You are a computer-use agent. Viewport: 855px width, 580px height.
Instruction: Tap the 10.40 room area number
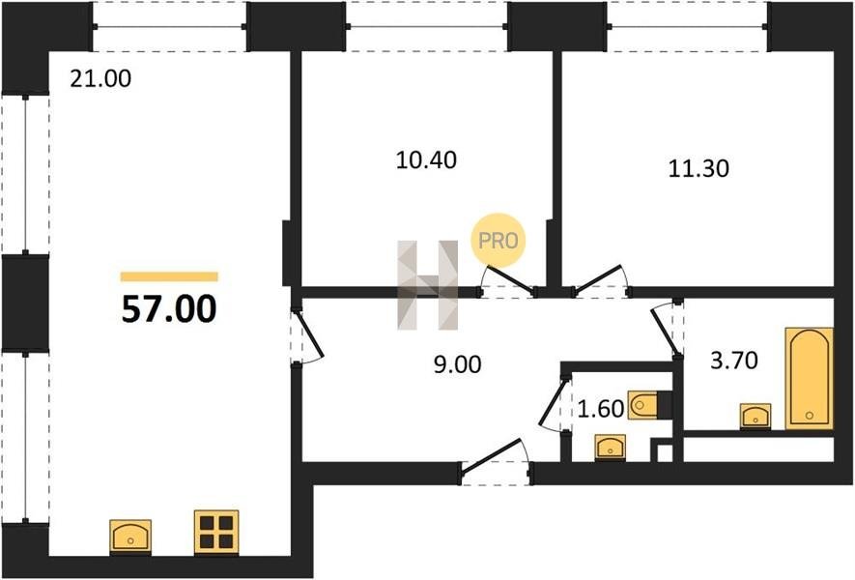coord(426,159)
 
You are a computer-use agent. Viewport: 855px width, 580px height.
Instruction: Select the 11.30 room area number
coord(698,168)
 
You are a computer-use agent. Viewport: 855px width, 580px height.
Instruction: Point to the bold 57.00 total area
coord(169,308)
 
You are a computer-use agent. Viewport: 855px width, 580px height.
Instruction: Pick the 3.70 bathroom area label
coord(733,362)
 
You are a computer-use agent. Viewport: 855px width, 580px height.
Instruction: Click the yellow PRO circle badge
coord(499,239)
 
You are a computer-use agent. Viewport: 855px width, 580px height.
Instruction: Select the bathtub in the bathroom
coord(810,378)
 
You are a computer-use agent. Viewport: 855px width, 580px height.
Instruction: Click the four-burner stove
coord(215,532)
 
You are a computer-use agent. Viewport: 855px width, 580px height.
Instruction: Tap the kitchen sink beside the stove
coord(130,535)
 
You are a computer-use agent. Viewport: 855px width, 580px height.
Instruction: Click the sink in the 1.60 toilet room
coord(609,447)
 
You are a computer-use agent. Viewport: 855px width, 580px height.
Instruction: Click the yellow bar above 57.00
coord(169,276)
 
